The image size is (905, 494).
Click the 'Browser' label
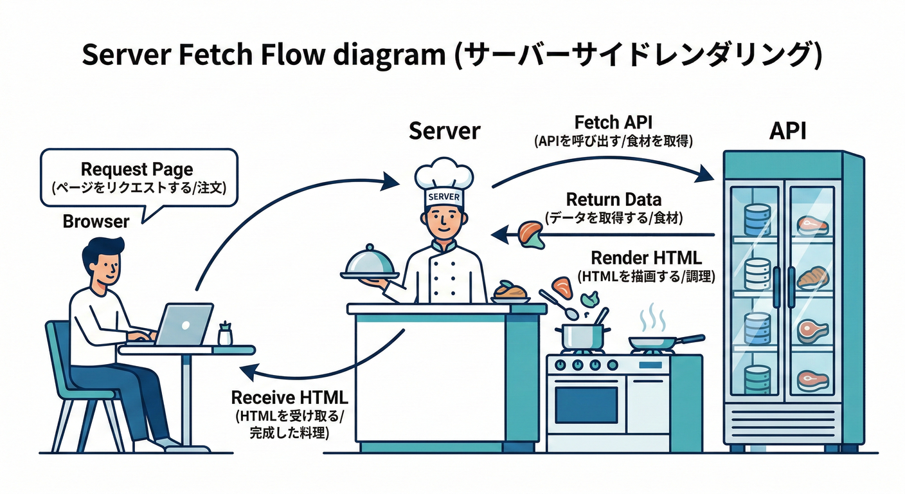pos(96,221)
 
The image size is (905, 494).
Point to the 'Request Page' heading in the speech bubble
pos(137,169)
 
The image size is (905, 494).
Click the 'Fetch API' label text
pos(613,122)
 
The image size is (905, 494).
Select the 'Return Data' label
pos(613,199)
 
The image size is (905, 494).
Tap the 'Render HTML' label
pos(646,258)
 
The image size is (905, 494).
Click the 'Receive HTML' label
pos(289,397)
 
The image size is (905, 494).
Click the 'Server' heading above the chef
pos(444,131)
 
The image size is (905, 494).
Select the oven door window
pos(586,404)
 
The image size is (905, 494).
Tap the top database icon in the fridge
pos(757,219)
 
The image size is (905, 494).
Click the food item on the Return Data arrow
pos(531,233)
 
